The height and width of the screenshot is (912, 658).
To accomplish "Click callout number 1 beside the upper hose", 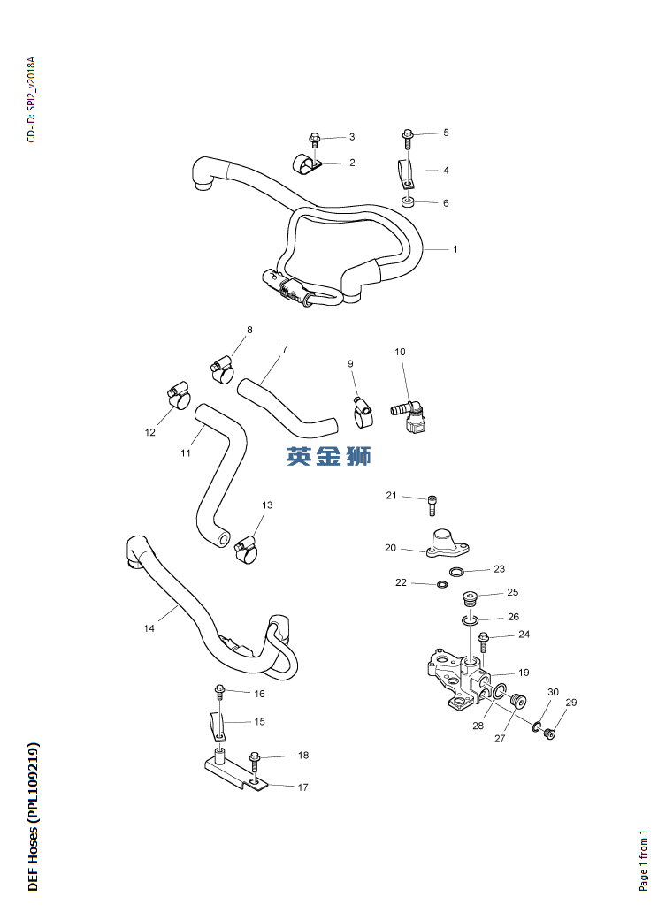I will (x=455, y=249).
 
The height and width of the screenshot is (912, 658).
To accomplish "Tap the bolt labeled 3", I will (x=315, y=139).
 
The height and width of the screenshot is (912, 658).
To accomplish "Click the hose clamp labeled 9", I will (x=363, y=406).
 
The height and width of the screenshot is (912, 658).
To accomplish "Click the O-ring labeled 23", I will (x=457, y=572).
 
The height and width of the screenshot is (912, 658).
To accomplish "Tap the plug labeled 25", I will (x=470, y=597).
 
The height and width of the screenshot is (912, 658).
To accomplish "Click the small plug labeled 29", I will (x=549, y=732).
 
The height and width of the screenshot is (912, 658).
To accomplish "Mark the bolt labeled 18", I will (x=256, y=757).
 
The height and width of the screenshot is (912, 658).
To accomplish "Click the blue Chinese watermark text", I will (x=329, y=456).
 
